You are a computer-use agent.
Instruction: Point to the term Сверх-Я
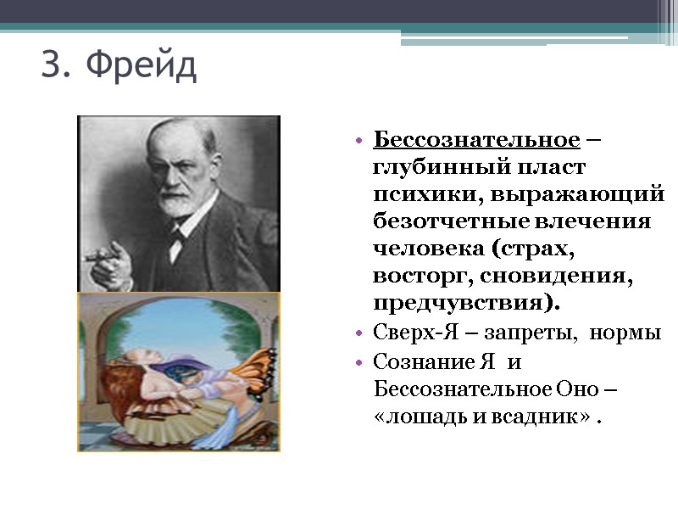402,333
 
